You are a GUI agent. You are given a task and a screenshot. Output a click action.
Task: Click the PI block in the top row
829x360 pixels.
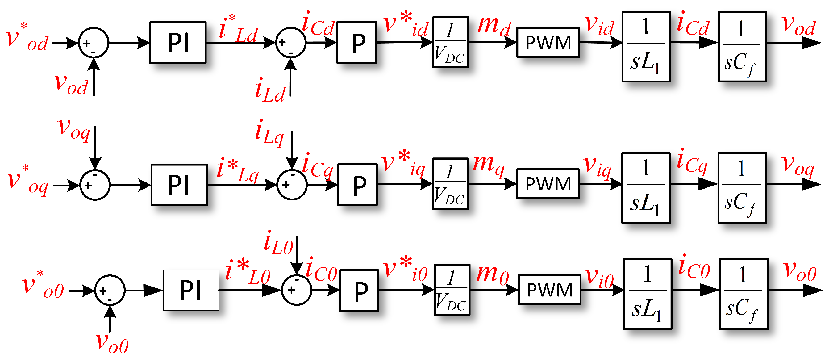pyautogui.click(x=178, y=43)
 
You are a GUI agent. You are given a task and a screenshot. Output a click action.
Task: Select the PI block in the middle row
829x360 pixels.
pyautogui.click(x=179, y=185)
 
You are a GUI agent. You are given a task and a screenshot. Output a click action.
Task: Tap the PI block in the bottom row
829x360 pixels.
pyautogui.click(x=191, y=290)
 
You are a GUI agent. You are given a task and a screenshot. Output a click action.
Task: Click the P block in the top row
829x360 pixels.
pyautogui.click(x=356, y=43)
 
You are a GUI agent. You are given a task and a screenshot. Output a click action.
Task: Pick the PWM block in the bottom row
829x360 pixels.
pyautogui.click(x=549, y=290)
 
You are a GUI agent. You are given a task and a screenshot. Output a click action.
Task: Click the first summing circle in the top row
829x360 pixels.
pyautogui.click(x=94, y=43)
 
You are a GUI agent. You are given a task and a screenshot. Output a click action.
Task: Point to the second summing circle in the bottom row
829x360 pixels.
pyautogui.click(x=296, y=290)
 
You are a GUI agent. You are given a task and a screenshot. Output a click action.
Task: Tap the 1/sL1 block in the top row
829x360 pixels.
pyautogui.click(x=646, y=47)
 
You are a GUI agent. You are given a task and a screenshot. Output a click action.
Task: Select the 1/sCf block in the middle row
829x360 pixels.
pyautogui.click(x=742, y=188)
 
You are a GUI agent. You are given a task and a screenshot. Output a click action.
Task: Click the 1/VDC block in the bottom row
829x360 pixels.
pyautogui.click(x=452, y=290)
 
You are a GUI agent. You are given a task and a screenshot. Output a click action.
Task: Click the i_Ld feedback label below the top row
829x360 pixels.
pyautogui.click(x=269, y=91)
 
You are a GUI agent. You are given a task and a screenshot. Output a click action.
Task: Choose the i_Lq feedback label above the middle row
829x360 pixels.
pyautogui.click(x=269, y=133)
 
